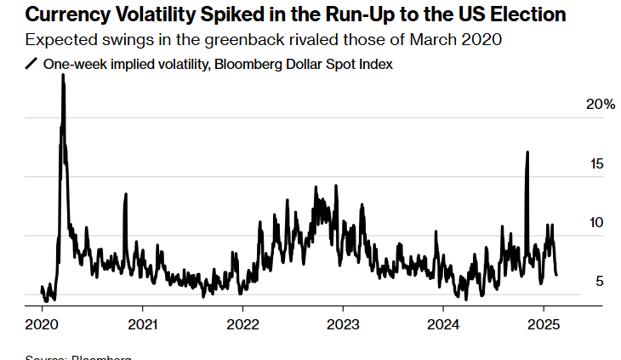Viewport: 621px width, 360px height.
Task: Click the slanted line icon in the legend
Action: [31, 64]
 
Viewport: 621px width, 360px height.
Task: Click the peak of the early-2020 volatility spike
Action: [63, 75]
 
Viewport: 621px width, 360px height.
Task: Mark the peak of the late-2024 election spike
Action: [528, 151]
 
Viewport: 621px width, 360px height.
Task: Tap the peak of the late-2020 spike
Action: [126, 194]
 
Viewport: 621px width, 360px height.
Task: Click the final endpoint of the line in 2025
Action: [557, 275]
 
